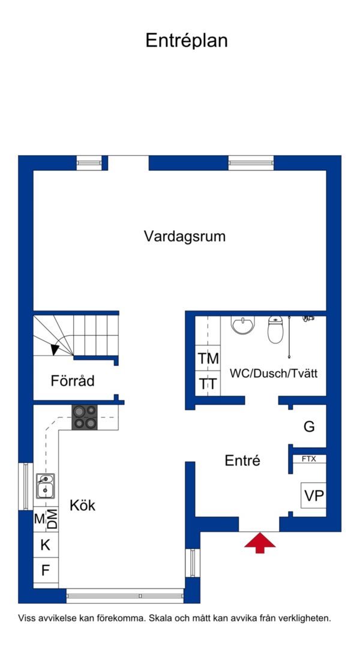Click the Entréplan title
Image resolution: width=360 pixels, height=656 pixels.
coord(186,41)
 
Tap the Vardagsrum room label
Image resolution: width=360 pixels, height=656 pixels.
coord(185,236)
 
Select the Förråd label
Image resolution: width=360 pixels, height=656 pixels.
coord(73,381)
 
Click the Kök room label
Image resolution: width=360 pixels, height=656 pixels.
coord(82,505)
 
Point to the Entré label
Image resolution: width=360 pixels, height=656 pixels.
coord(242,461)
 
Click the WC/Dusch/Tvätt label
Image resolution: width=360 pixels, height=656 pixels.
coord(274,373)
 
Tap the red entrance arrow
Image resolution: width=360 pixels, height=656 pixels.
coord(260,543)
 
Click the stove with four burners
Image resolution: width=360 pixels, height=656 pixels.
coord(85,417)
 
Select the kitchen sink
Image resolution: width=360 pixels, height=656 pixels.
coord(45,486)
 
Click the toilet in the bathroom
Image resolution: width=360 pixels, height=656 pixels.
coord(276,329)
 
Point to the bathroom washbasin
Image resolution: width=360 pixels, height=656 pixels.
coord(243,325)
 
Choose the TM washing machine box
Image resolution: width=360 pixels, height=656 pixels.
coord(208,358)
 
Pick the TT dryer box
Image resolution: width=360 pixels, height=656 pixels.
coord(208,383)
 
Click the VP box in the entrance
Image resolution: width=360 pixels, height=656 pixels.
coord(314,495)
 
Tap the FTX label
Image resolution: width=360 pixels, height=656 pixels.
coord(309,459)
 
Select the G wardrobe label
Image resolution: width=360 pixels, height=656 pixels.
coord(309,427)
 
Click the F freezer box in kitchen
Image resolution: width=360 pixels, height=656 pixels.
coord(46,570)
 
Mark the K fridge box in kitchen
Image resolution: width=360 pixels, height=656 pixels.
coord(46,544)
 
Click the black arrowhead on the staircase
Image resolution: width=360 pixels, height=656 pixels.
coord(55,349)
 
